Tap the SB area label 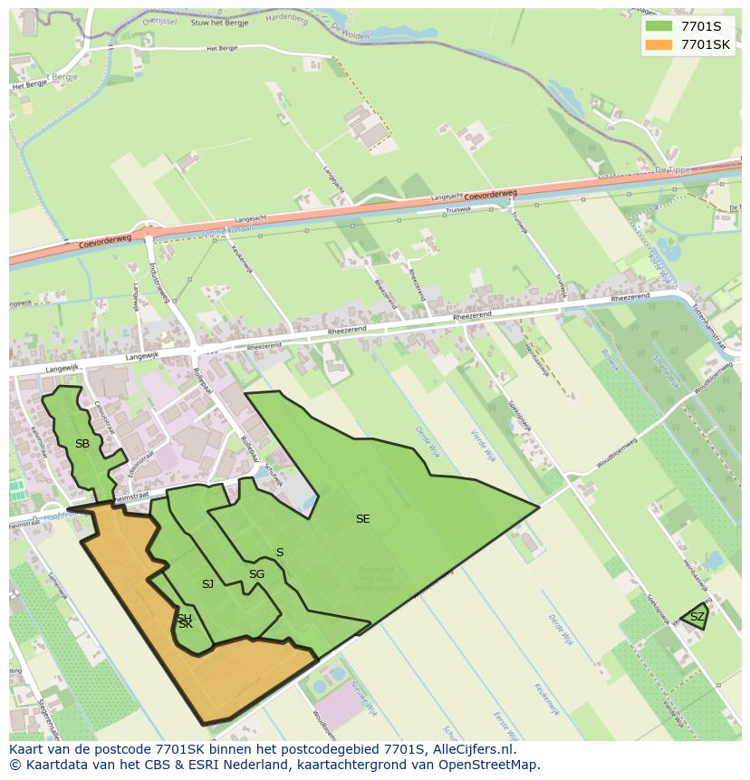click(82, 443)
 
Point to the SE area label click(362, 519)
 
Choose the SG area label click(256, 573)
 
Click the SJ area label click(207, 584)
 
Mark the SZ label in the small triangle click(697, 616)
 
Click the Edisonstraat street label click(141, 462)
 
